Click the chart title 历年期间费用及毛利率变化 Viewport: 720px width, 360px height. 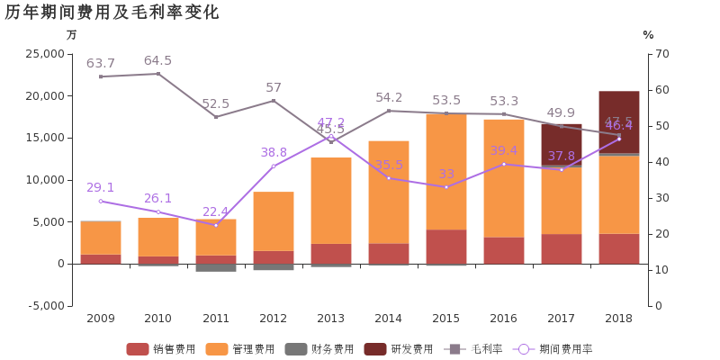point(112,13)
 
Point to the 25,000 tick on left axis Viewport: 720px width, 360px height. point(46,54)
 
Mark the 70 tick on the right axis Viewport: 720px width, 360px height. point(661,54)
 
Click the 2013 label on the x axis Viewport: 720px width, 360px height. point(330,319)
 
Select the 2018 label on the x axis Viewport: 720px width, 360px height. point(618,319)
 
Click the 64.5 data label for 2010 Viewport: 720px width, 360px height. point(157,61)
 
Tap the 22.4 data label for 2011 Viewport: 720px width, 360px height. point(215,211)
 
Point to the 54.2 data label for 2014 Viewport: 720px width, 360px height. point(389,98)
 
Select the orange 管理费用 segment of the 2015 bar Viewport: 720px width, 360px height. point(446,171)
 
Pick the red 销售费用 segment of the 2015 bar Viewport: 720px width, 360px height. point(446,247)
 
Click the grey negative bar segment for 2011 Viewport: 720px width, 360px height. point(216,267)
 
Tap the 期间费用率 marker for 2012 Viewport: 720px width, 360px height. point(274,166)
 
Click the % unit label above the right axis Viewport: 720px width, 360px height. point(648,35)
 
